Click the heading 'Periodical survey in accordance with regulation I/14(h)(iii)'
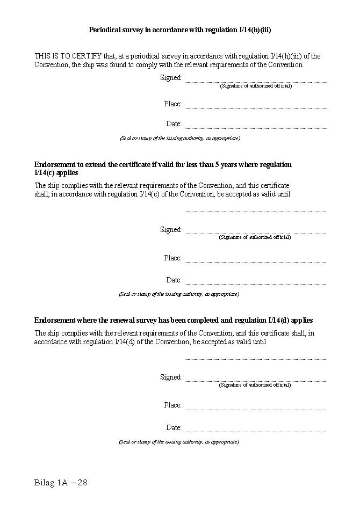179,30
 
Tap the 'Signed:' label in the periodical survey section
171,77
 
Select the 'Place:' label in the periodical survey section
172,104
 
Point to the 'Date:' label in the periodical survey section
174,123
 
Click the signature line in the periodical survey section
256,82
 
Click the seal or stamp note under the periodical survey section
179,139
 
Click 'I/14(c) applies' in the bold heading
56,173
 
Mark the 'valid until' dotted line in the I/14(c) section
255,211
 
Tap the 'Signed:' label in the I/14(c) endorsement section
171,229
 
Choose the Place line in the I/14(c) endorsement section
255,261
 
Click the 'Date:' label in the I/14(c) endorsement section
174,280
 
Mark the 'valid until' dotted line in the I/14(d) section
255,359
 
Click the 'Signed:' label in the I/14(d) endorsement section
171,377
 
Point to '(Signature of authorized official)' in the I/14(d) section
255,385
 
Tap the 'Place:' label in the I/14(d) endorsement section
172,405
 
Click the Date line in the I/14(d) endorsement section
255,431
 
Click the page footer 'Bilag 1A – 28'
61,482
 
